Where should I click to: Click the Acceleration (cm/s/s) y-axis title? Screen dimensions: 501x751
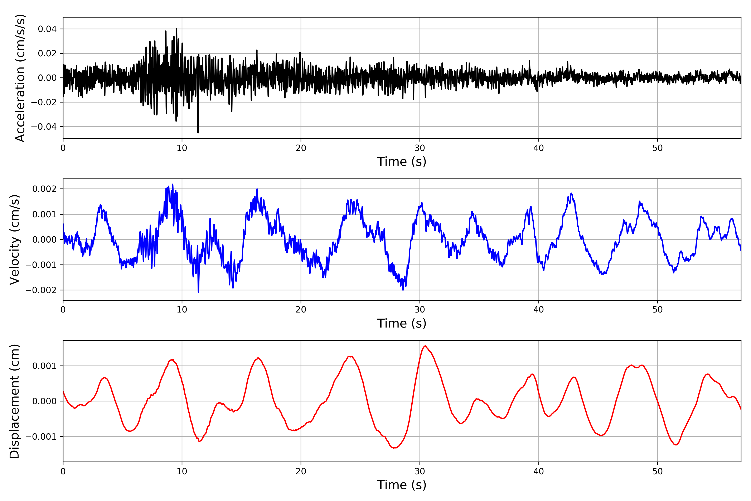click(20, 78)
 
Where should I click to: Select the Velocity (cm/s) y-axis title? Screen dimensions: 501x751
click(14, 239)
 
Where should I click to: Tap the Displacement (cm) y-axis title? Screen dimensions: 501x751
click(14, 401)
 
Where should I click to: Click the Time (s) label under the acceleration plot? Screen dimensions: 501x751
click(402, 162)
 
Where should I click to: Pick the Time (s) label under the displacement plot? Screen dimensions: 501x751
click(402, 485)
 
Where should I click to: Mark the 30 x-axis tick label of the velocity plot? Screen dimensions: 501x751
click(420, 309)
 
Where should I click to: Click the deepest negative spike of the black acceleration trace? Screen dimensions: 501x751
click(198, 132)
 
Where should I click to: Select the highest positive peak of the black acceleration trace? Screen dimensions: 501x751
click(176, 29)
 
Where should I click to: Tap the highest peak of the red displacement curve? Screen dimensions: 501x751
click(425, 346)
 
